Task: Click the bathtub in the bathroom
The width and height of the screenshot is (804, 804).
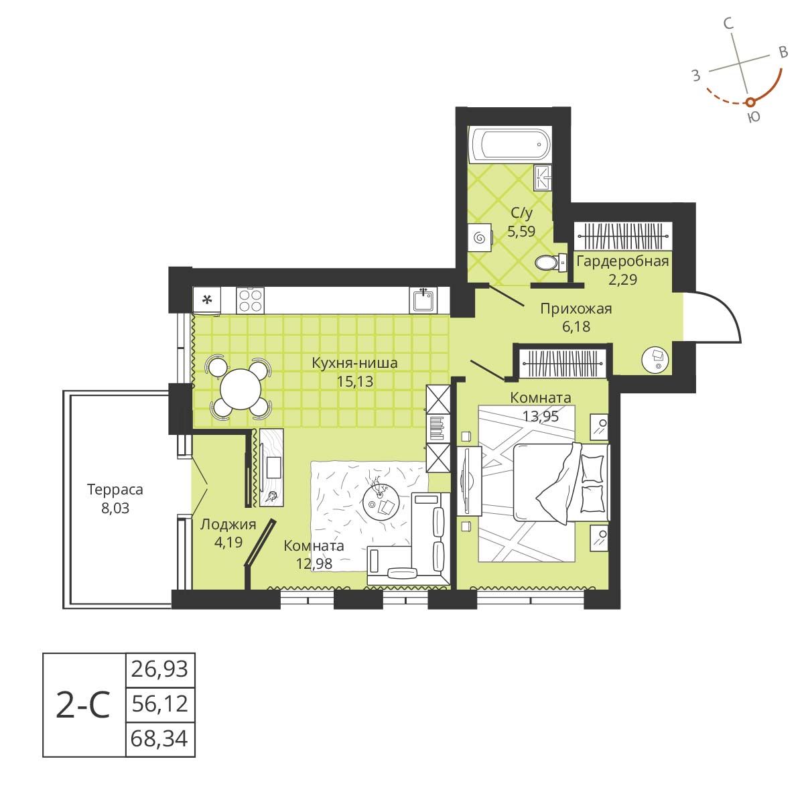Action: pyautogui.click(x=511, y=143)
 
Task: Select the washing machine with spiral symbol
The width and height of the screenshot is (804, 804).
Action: pyautogui.click(x=479, y=238)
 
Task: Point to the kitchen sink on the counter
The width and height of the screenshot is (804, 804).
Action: pyautogui.click(x=423, y=299)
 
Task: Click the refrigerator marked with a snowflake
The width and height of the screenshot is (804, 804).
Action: pyautogui.click(x=208, y=299)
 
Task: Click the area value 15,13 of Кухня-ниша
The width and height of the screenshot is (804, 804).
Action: pyautogui.click(x=354, y=382)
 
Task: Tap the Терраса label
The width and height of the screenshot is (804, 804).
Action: pyautogui.click(x=115, y=490)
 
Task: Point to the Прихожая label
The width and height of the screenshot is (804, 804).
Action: pyautogui.click(x=576, y=309)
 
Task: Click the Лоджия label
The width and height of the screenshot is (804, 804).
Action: pyautogui.click(x=228, y=525)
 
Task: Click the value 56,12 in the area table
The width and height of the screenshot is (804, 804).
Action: pyautogui.click(x=161, y=704)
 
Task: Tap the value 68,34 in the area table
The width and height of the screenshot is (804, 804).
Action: pyautogui.click(x=161, y=740)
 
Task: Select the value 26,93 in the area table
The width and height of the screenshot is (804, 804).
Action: pyautogui.click(x=161, y=669)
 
